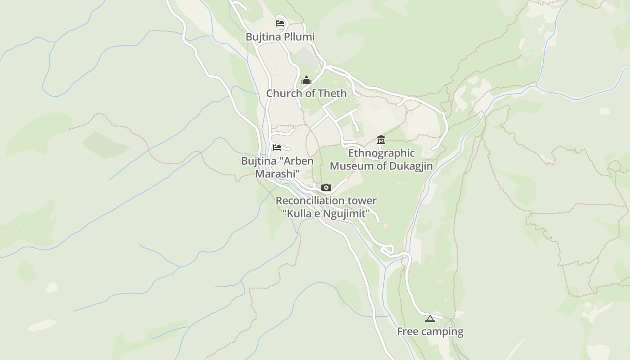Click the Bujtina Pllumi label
[x=280, y=37]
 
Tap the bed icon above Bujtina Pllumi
[x=280, y=23]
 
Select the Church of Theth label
[x=306, y=94]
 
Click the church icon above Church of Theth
[x=306, y=81]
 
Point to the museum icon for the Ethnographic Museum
[x=381, y=140]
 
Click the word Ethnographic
[x=381, y=153]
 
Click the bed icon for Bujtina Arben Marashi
[x=277, y=147]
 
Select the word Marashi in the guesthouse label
[x=278, y=174]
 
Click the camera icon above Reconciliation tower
[x=326, y=187]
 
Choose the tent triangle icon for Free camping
[x=430, y=319]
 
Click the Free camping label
[x=430, y=332]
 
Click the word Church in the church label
[x=283, y=94]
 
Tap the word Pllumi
[x=299, y=37]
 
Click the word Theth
[x=332, y=94]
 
